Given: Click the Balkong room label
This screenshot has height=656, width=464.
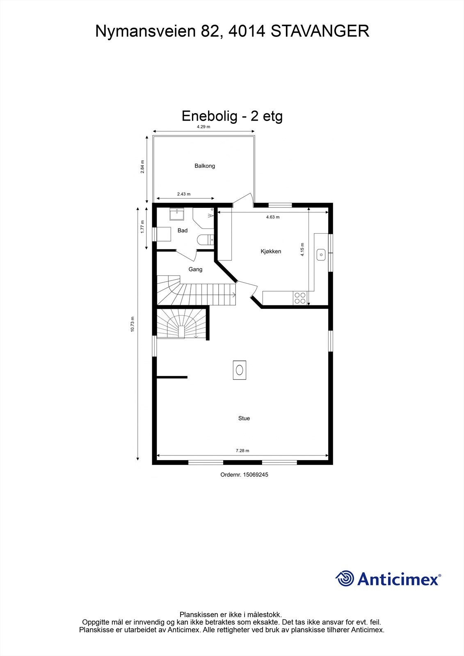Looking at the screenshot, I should tap(205, 166).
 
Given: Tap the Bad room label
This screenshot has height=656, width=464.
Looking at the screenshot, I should tap(183, 230).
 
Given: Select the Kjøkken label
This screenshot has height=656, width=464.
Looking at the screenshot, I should tap(271, 251).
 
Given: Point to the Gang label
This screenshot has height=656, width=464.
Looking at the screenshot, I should tap(195, 269).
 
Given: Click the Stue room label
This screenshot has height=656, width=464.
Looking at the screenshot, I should tap(244, 418).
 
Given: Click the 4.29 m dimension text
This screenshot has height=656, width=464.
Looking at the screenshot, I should tap(203, 127).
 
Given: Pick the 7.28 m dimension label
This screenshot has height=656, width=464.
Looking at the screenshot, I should tap(242, 451).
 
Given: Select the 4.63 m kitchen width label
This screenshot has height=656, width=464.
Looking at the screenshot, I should tap(273, 217).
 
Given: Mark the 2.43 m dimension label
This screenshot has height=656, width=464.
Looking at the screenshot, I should tap(184, 194).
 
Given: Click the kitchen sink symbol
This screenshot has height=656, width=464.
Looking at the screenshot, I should tap(321, 255).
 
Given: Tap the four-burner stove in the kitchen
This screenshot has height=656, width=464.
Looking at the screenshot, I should tap(299, 298).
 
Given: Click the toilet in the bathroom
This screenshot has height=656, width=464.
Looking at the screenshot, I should tap(204, 239).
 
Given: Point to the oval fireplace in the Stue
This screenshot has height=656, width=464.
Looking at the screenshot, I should tap(239, 370).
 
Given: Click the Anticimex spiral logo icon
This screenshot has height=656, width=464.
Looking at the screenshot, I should tap(345, 579).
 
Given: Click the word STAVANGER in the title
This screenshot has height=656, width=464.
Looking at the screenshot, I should tap(320, 32).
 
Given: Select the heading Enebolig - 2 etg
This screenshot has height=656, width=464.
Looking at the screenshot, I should tap(232, 116).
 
